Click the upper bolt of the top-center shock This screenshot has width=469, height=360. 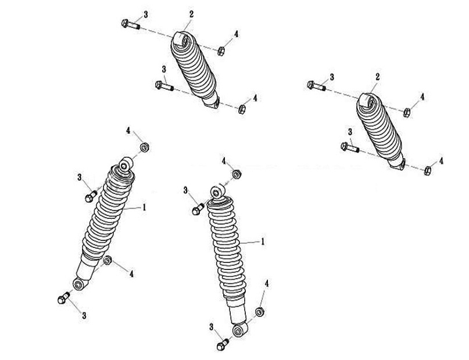coord(131,24)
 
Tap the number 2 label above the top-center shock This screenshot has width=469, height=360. coord(191,14)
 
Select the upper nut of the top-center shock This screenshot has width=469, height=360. coord(221,51)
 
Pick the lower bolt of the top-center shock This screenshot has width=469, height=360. coord(164,86)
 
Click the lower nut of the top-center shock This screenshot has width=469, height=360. coord(242,109)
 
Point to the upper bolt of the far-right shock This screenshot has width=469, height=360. coord(317,86)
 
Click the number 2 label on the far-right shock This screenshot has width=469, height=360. coord(378,77)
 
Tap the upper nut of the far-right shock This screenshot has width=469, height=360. coord(406,113)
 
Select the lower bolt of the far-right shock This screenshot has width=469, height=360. coord(350,147)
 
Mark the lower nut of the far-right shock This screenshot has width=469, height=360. coord(428,171)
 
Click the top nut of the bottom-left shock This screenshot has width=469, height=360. coord(145,147)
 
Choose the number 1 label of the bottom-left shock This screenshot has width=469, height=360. coord(144,207)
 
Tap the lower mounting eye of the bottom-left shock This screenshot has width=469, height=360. coord(79,284)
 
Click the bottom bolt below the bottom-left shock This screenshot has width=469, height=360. coord(63,298)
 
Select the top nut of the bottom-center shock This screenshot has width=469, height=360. coord(237,174)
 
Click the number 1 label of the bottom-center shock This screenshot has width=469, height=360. coord(263,242)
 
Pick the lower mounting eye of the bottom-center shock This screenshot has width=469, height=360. coord(239,330)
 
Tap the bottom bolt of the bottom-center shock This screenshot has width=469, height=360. coord(223,344)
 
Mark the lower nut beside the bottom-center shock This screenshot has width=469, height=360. coord(260,312)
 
